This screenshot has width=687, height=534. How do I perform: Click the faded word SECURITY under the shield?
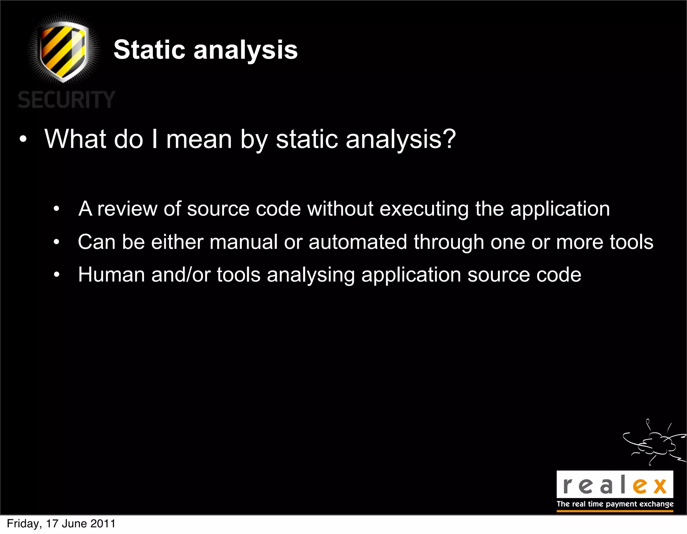click(66, 100)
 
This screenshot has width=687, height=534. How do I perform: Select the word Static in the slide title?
click(149, 50)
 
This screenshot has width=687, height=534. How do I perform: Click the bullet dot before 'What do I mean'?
click(23, 139)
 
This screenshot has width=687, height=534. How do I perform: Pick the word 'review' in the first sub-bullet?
click(127, 209)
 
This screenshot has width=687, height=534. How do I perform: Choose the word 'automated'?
click(358, 242)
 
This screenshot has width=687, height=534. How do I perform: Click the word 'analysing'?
click(311, 275)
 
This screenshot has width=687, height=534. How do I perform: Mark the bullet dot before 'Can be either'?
click(56, 242)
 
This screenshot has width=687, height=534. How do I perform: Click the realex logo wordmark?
click(615, 485)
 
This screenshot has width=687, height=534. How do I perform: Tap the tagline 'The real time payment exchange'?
click(615, 504)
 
